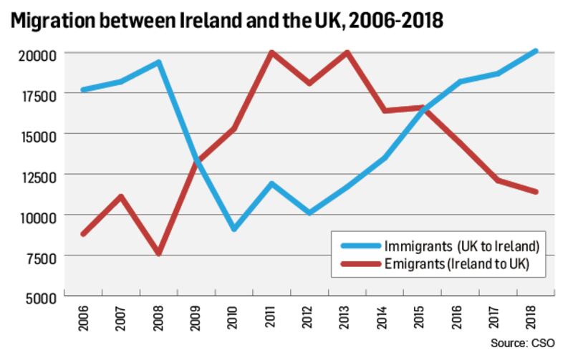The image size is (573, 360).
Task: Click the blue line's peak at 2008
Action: [x=158, y=62]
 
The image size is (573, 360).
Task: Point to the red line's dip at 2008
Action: [x=158, y=254]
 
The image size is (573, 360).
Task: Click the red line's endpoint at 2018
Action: [x=536, y=192]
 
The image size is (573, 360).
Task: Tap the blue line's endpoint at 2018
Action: [x=536, y=52]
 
